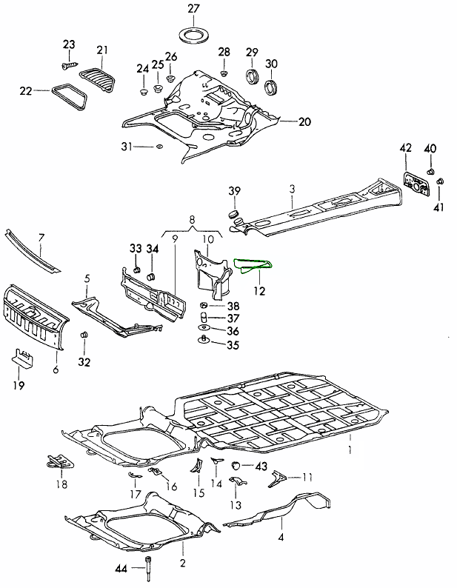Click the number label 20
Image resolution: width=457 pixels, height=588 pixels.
click(305, 122)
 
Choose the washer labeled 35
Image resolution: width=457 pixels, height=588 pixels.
click(203, 341)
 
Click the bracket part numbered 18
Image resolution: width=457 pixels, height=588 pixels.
click(59, 461)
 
